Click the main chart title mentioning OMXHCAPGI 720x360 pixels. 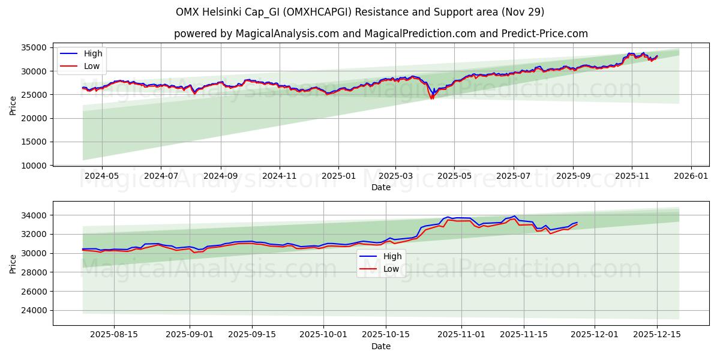pos(360,12)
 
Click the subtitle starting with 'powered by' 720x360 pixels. pos(380,34)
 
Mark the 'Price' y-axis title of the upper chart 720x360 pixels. pos(13,105)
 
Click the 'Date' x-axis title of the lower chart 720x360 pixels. pos(380,346)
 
